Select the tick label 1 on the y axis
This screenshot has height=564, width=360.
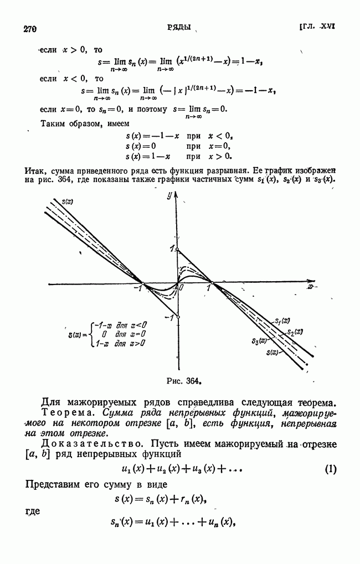(x=172, y=248)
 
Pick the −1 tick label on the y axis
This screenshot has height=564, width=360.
(x=171, y=317)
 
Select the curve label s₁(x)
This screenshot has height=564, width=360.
(x=282, y=320)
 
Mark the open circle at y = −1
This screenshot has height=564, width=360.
(x=177, y=317)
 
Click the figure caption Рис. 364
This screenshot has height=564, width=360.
(x=182, y=380)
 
